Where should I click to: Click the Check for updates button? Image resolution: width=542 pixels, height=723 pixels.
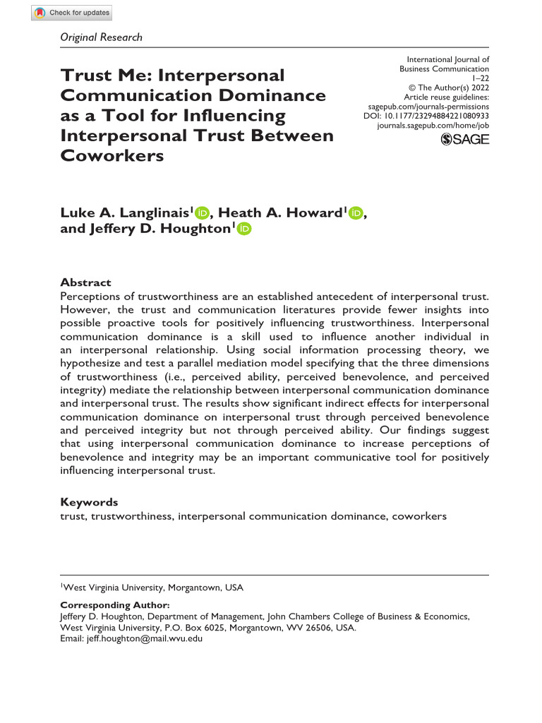pyautogui.click(x=72, y=13)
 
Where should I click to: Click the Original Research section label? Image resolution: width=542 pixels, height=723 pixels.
pyautogui.click(x=101, y=37)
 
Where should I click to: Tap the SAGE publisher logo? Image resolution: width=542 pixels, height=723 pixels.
pyautogui.click(x=464, y=139)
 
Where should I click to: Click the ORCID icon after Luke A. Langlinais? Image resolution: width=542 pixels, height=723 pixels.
pyautogui.click(x=203, y=213)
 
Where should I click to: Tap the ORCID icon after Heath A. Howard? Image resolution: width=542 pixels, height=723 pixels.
pyautogui.click(x=354, y=213)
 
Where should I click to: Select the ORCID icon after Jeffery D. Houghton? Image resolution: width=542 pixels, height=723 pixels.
pyautogui.click(x=244, y=229)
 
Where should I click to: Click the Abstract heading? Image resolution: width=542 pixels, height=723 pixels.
pyautogui.click(x=85, y=282)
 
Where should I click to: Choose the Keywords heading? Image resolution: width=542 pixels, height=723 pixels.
pyautogui.click(x=89, y=502)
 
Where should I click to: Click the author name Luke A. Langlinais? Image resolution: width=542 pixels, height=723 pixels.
pyautogui.click(x=125, y=214)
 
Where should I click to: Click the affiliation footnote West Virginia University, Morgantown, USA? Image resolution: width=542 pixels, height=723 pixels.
pyautogui.click(x=152, y=587)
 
